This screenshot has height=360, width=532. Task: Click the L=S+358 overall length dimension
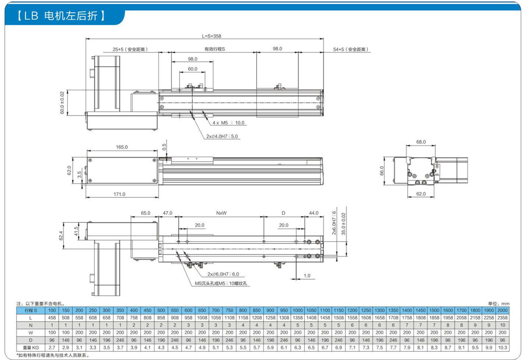tap(211, 36)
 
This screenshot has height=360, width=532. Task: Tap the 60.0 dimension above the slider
tap(192, 69)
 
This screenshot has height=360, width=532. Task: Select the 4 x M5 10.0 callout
tap(228, 123)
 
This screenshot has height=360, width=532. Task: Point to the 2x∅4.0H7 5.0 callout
tap(222, 136)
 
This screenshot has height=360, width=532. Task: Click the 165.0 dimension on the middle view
tap(122, 147)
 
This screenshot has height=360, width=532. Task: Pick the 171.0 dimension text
tap(119, 194)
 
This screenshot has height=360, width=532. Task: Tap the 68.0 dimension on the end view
tap(421, 142)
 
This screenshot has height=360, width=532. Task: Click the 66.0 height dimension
tap(382, 171)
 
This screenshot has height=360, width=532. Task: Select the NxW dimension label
tap(221, 213)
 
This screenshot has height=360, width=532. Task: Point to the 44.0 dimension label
tap(314, 213)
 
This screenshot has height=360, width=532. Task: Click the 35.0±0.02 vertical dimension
tap(343, 224)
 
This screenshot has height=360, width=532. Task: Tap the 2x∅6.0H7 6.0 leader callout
tap(223, 274)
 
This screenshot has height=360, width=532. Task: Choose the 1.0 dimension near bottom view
tap(307, 276)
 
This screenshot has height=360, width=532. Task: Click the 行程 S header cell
tap(31, 310)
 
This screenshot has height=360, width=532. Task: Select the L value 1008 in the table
tap(202, 318)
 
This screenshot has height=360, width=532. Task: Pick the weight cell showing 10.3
tap(502, 347)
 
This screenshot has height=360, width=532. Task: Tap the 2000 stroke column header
tap(502, 310)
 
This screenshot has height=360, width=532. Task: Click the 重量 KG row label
tap(31, 347)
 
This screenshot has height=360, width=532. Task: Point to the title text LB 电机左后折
tap(61, 16)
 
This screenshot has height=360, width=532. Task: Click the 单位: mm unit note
tap(498, 304)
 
